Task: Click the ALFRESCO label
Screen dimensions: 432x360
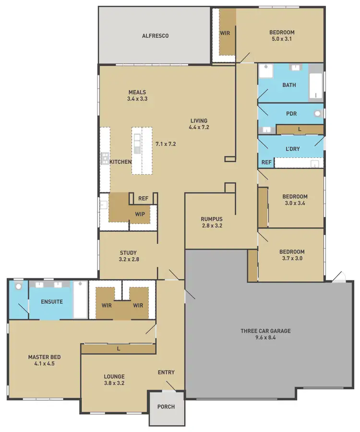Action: point(155,36)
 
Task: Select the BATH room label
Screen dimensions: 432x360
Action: point(289,85)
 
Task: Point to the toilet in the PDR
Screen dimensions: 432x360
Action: point(317,114)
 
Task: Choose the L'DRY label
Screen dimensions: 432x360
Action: point(292,149)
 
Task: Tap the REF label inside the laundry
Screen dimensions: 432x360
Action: point(266,163)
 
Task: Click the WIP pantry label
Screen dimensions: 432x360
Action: point(140,214)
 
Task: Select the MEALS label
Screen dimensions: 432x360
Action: point(137,92)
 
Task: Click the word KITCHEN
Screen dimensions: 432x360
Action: point(120,162)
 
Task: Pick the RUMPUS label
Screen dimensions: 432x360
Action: point(212,219)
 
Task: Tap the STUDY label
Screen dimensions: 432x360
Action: point(128,252)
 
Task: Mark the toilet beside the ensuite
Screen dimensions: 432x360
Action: point(18,287)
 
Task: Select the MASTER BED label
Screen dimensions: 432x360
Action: point(44,357)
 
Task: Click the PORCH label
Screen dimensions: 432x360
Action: point(166,407)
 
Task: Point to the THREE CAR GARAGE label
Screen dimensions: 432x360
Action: point(265,331)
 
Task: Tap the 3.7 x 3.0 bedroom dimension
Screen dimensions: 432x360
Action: point(292,259)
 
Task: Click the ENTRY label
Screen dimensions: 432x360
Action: point(166,372)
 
